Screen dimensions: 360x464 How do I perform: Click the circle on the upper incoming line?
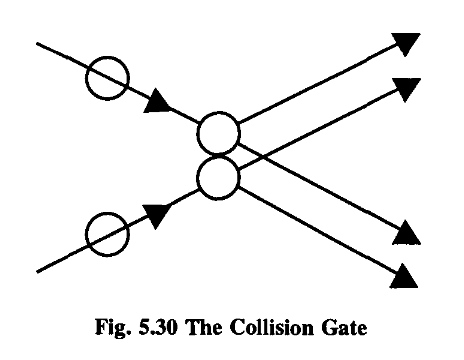coord(107,77)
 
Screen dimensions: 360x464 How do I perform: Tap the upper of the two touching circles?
coord(218,134)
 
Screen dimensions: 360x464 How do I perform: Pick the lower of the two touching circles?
coord(218,178)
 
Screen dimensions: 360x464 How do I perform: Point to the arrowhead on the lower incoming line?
coord(157,211)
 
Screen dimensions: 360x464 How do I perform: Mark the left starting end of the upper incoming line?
coord(37,43)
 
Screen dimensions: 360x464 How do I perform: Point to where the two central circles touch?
coord(218,156)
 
